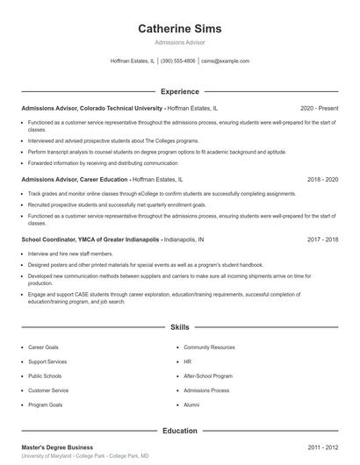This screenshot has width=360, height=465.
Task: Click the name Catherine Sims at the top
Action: click(x=180, y=29)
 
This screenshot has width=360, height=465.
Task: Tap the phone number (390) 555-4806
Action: click(x=178, y=61)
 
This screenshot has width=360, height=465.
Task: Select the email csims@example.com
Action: click(x=226, y=61)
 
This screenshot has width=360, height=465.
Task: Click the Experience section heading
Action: click(x=180, y=91)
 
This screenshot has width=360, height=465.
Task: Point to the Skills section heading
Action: click(x=180, y=326)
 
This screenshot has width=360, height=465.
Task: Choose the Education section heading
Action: click(x=180, y=431)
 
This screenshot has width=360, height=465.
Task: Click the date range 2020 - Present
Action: click(x=319, y=107)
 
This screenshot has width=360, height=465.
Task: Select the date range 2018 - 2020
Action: click(x=322, y=179)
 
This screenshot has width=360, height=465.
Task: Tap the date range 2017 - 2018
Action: click(x=322, y=239)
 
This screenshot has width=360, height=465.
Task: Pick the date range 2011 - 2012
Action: click(x=322, y=447)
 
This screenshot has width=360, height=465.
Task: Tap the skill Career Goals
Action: click(x=43, y=347)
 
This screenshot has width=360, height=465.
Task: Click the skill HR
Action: click(x=187, y=361)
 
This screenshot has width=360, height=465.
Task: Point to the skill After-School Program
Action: click(x=207, y=376)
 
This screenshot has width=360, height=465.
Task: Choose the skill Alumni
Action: click(x=191, y=405)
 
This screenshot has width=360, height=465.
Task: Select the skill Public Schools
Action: click(x=45, y=376)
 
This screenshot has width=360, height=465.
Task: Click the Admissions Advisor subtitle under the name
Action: click(x=180, y=43)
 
